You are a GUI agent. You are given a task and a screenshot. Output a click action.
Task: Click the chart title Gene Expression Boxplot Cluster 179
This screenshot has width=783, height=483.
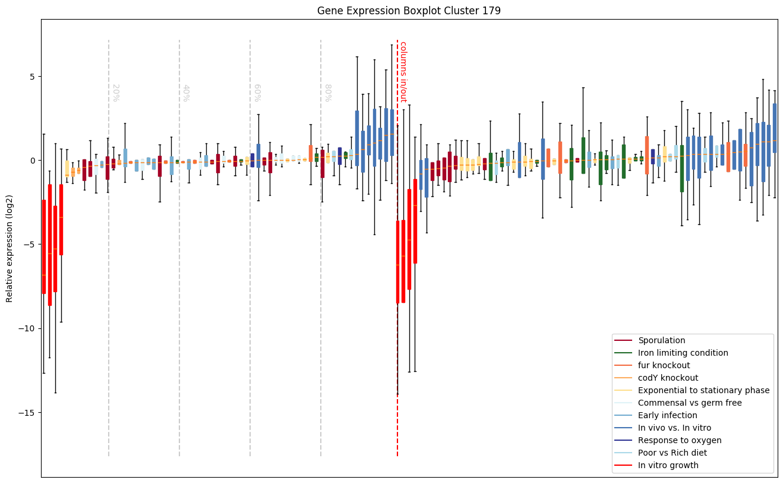click(409, 11)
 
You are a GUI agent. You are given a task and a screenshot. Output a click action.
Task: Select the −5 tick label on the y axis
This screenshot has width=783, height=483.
click(29, 244)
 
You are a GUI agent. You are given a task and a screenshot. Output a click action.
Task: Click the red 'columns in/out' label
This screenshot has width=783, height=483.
click(403, 71)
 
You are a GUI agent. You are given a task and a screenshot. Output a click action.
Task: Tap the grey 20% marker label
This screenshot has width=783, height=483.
click(116, 93)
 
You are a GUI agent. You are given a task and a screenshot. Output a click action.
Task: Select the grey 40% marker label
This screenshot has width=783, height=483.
click(186, 93)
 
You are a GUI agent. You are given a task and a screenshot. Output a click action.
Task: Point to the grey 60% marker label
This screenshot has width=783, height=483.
click(257, 93)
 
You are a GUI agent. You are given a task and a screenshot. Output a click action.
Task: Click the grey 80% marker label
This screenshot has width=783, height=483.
click(327, 93)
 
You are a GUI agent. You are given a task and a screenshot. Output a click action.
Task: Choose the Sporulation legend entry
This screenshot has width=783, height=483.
click(661, 341)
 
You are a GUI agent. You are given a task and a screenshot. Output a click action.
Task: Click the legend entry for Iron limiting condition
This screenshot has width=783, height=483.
click(683, 353)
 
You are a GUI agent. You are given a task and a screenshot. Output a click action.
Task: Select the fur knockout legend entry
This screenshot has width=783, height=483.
click(664, 366)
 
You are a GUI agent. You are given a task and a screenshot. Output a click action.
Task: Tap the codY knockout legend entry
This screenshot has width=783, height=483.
click(668, 378)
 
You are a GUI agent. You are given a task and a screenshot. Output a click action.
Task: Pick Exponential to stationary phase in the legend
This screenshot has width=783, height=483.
click(703, 391)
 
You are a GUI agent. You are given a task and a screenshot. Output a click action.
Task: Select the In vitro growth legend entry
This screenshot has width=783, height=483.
click(668, 466)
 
